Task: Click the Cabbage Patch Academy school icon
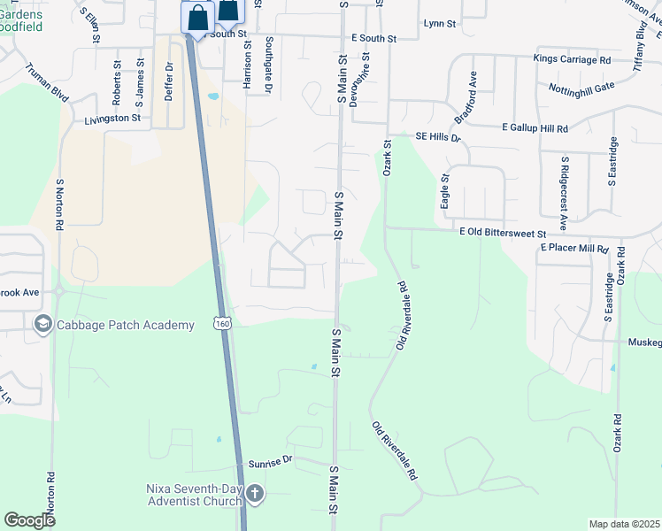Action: [x=42, y=325]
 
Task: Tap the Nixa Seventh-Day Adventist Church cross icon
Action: [x=255, y=493]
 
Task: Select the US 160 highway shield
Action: [x=221, y=325]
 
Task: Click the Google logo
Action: [x=29, y=520]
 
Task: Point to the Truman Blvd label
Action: [x=47, y=81]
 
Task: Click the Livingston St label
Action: [x=112, y=118]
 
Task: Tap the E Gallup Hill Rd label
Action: [x=535, y=128]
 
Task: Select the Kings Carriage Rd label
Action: [x=572, y=59]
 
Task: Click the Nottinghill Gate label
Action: [x=581, y=88]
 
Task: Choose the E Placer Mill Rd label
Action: [x=575, y=250]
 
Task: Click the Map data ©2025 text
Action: [x=624, y=523]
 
